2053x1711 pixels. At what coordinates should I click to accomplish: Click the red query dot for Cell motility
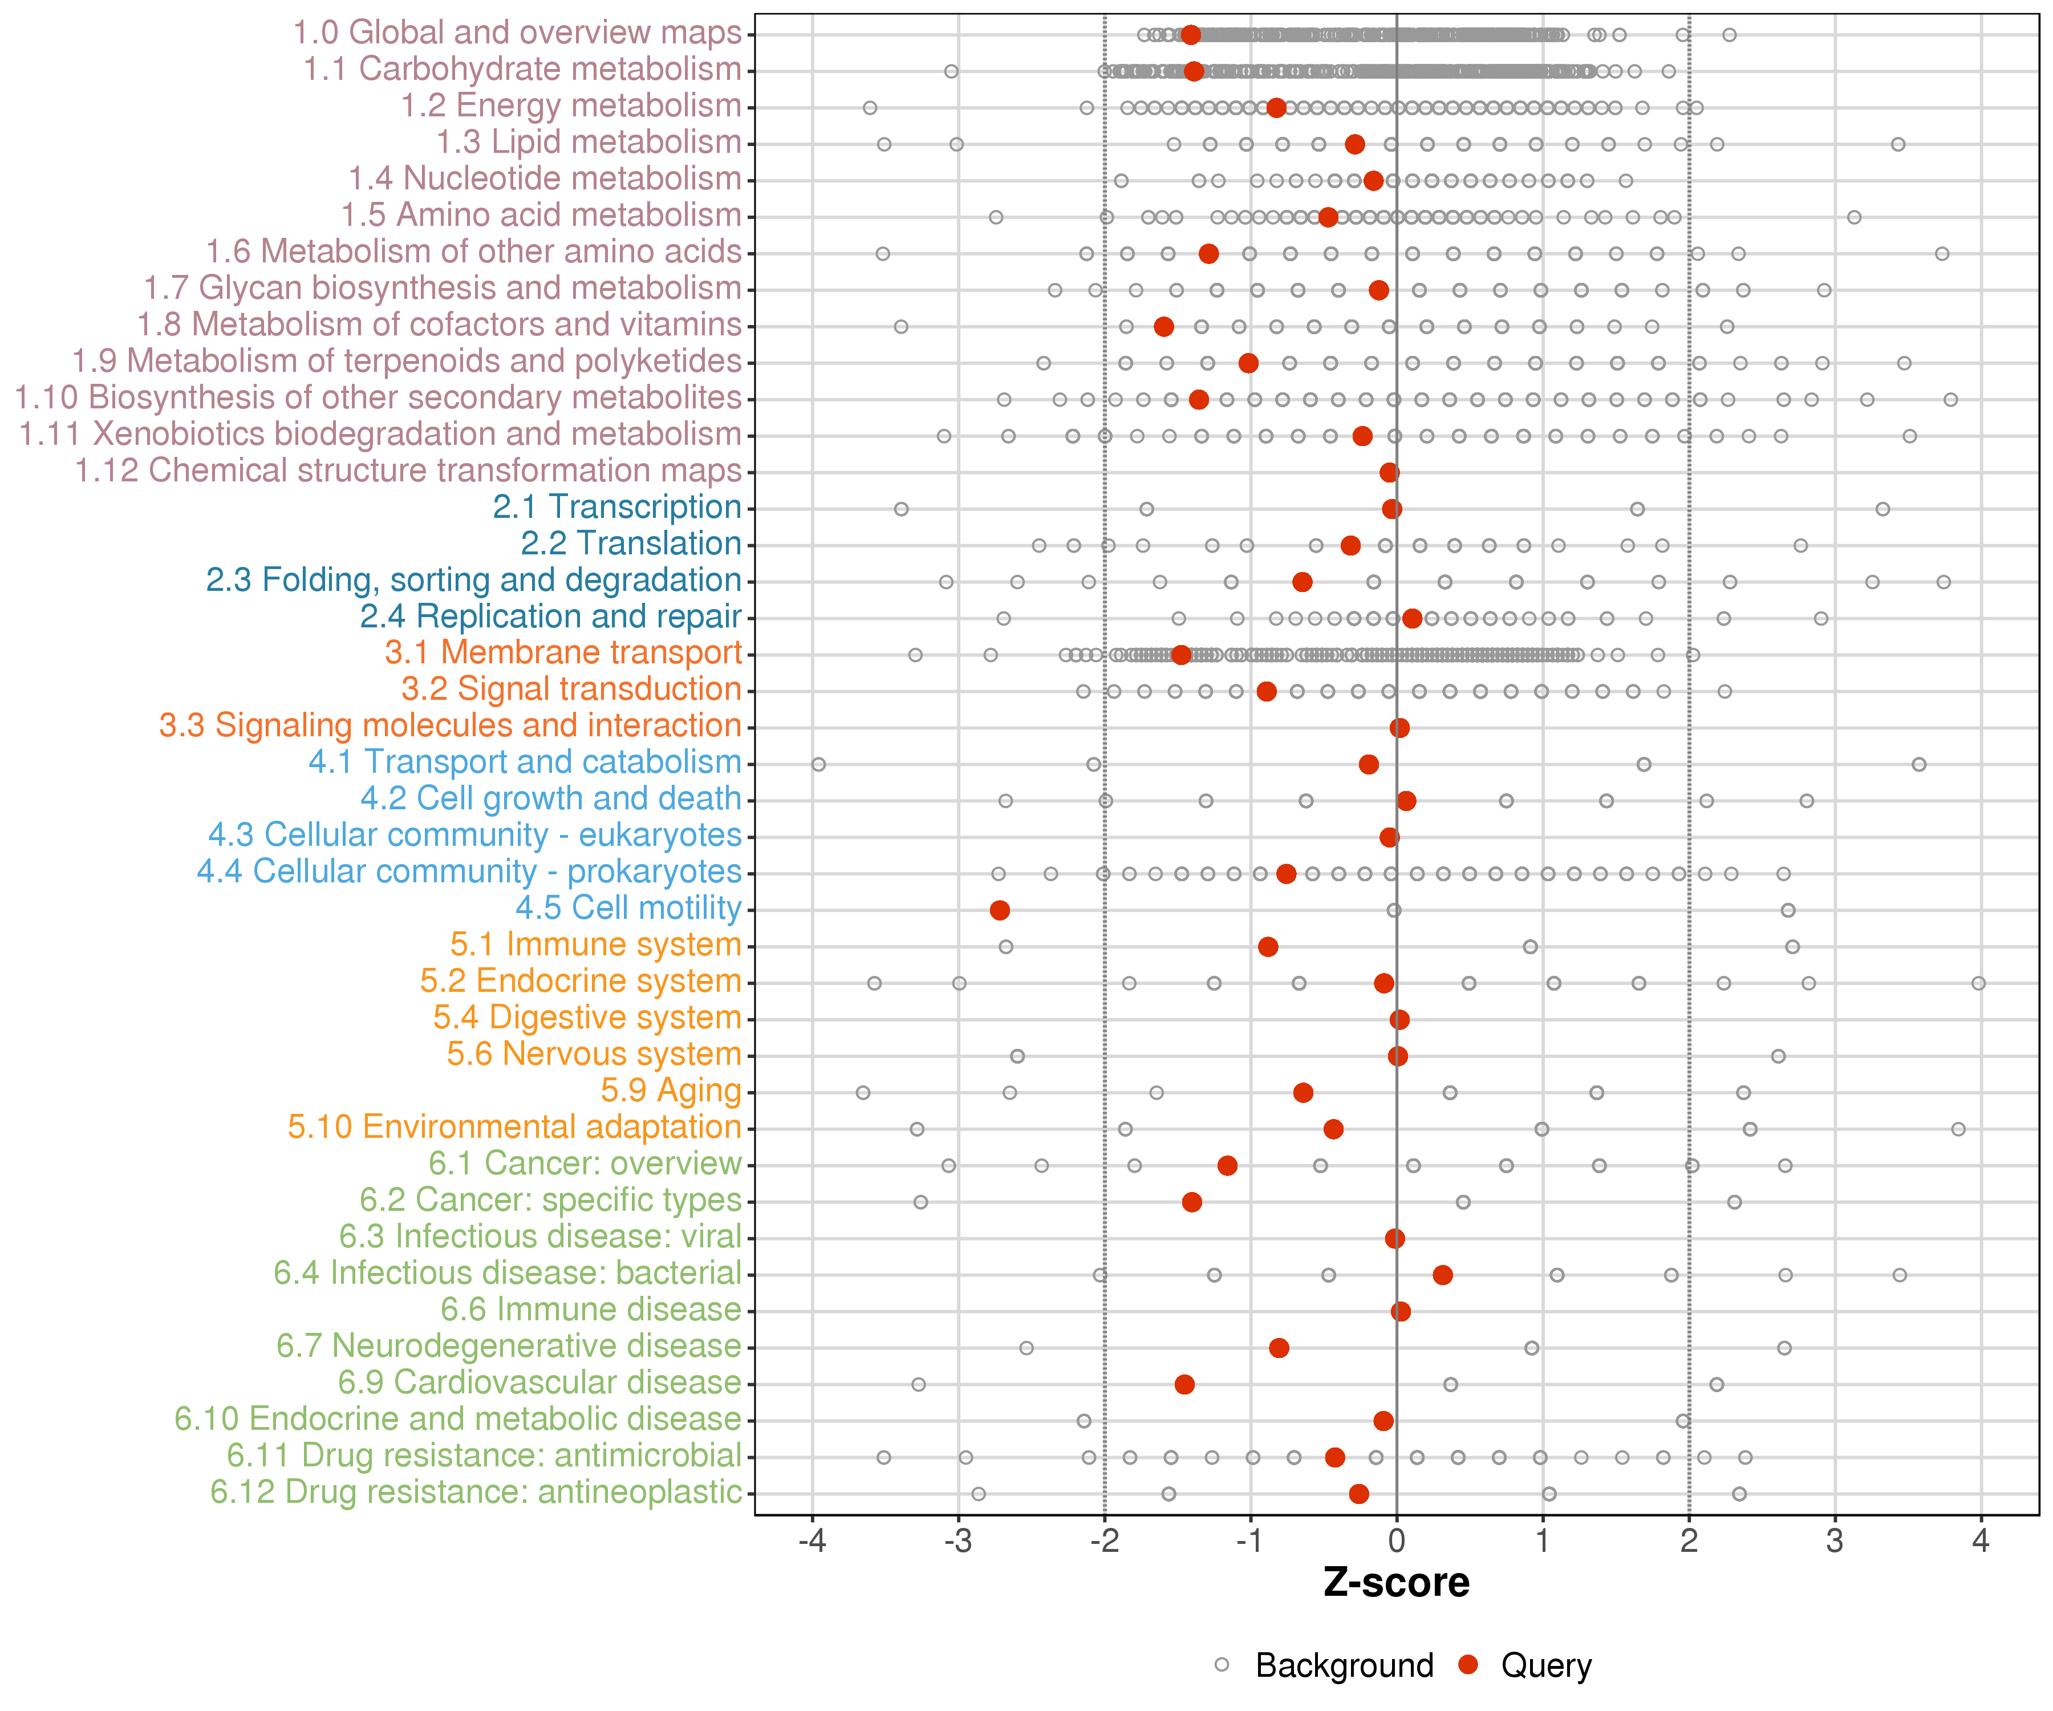[x=999, y=910]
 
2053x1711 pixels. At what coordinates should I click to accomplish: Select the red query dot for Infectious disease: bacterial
[x=1442, y=1275]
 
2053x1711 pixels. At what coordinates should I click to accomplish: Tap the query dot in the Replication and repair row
[x=1411, y=619]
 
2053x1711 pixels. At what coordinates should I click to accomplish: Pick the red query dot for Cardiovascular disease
[x=1184, y=1384]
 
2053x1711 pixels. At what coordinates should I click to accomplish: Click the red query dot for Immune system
[x=1268, y=946]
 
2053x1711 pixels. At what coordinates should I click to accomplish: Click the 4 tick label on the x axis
[x=1981, y=1542]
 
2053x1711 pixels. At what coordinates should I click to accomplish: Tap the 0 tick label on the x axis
[x=1396, y=1542]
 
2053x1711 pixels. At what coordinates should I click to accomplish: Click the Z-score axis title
[x=1396, y=1583]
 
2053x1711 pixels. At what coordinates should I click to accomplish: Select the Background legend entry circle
[x=1222, y=1665]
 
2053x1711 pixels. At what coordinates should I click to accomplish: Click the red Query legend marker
[x=1467, y=1665]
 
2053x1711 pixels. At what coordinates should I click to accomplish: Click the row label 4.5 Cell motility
[x=628, y=909]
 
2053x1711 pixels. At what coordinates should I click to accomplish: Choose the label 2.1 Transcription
[x=617, y=508]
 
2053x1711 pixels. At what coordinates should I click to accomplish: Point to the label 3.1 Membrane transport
[x=563, y=653]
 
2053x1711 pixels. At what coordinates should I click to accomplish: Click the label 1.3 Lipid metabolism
[x=589, y=143]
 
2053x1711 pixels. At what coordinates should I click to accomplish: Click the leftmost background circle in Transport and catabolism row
[x=818, y=765]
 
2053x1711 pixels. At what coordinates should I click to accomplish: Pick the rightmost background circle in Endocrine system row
[x=1979, y=984]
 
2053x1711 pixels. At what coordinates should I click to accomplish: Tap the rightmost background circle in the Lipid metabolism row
[x=1897, y=145]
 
